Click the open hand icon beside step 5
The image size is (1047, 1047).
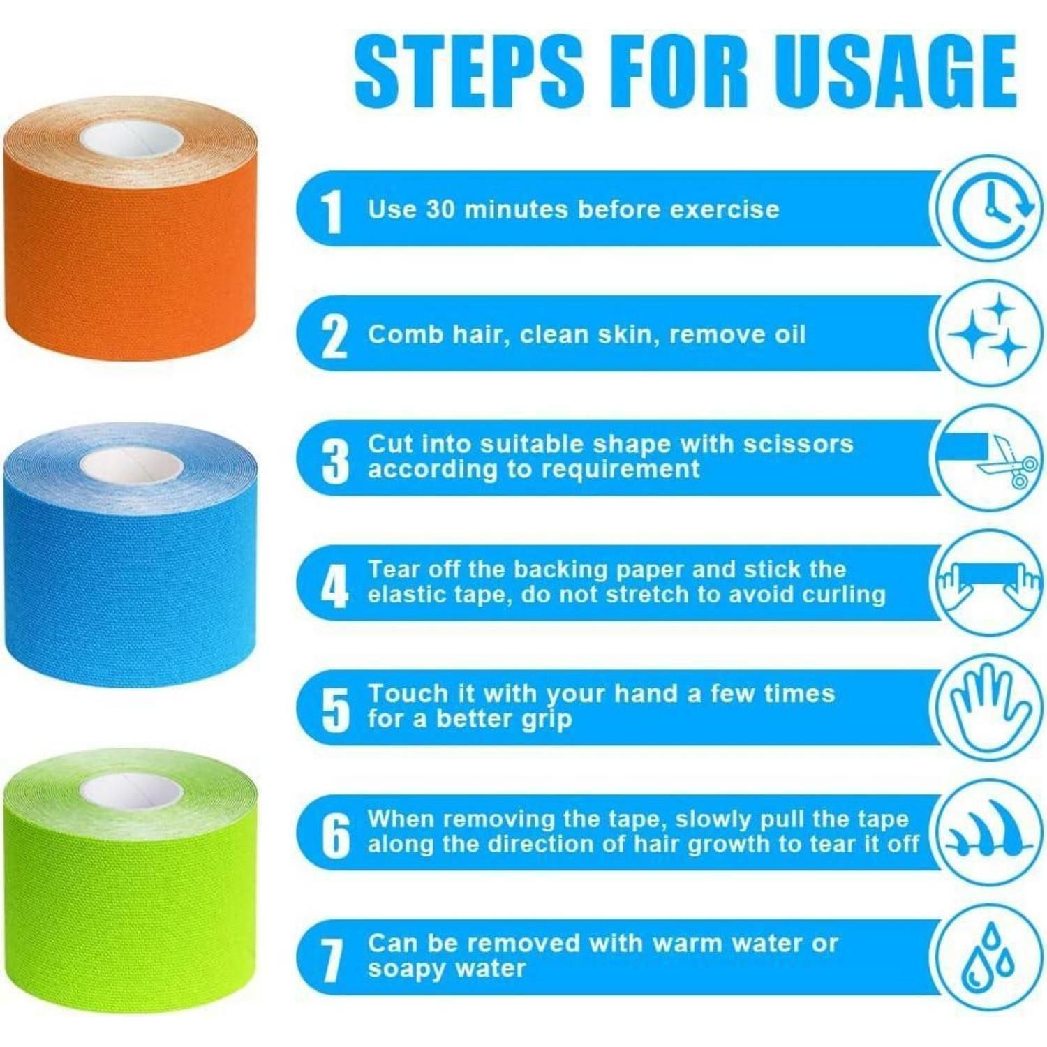pos(989,706)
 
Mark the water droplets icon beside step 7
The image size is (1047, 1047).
pos(989,957)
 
